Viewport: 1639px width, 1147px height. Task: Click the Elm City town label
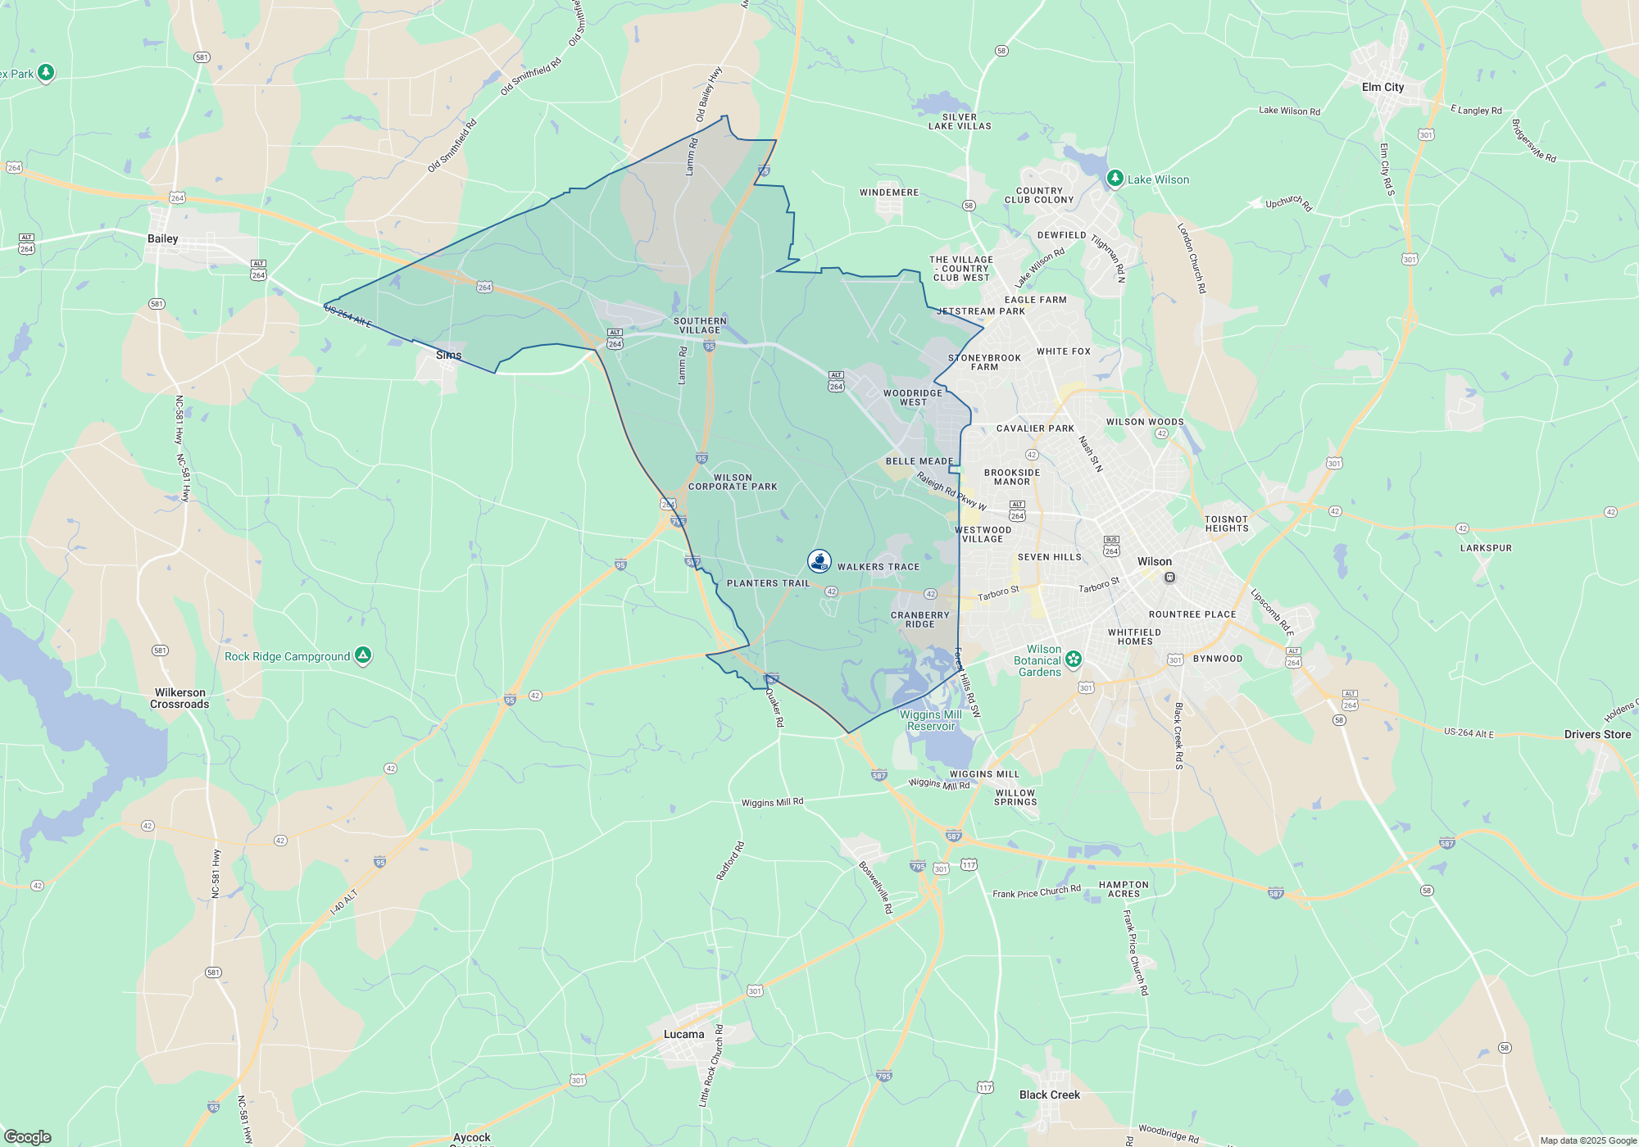pyautogui.click(x=1382, y=87)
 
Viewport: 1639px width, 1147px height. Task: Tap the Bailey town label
pyautogui.click(x=162, y=238)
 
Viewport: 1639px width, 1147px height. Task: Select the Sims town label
pyautogui.click(x=448, y=355)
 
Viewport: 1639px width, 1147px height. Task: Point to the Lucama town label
pyautogui.click(x=683, y=1034)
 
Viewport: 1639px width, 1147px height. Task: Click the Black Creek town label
pyautogui.click(x=1049, y=1095)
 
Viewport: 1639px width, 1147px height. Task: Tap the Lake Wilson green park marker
pyautogui.click(x=1115, y=178)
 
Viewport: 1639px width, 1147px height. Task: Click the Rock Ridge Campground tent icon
pyautogui.click(x=363, y=655)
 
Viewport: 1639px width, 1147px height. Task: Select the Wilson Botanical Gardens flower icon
pyautogui.click(x=1074, y=659)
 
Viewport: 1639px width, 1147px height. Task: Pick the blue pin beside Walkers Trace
pyautogui.click(x=819, y=561)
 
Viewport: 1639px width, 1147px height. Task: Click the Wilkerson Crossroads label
pyautogui.click(x=179, y=698)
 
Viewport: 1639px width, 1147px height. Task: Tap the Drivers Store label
pyautogui.click(x=1597, y=734)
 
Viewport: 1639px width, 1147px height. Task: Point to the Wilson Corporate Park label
pyautogui.click(x=733, y=482)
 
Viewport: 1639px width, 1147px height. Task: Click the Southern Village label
pyautogui.click(x=700, y=325)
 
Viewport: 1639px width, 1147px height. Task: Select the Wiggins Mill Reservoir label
pyautogui.click(x=931, y=720)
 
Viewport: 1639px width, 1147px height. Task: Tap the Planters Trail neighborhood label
pyautogui.click(x=768, y=583)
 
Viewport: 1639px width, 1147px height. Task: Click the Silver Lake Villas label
pyautogui.click(x=960, y=121)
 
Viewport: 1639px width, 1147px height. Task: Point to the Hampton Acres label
pyautogui.click(x=1124, y=889)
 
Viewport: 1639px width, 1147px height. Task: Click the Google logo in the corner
pyautogui.click(x=28, y=1136)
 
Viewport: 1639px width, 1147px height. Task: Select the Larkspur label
pyautogui.click(x=1486, y=548)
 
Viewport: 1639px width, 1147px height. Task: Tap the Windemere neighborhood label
pyautogui.click(x=889, y=193)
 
